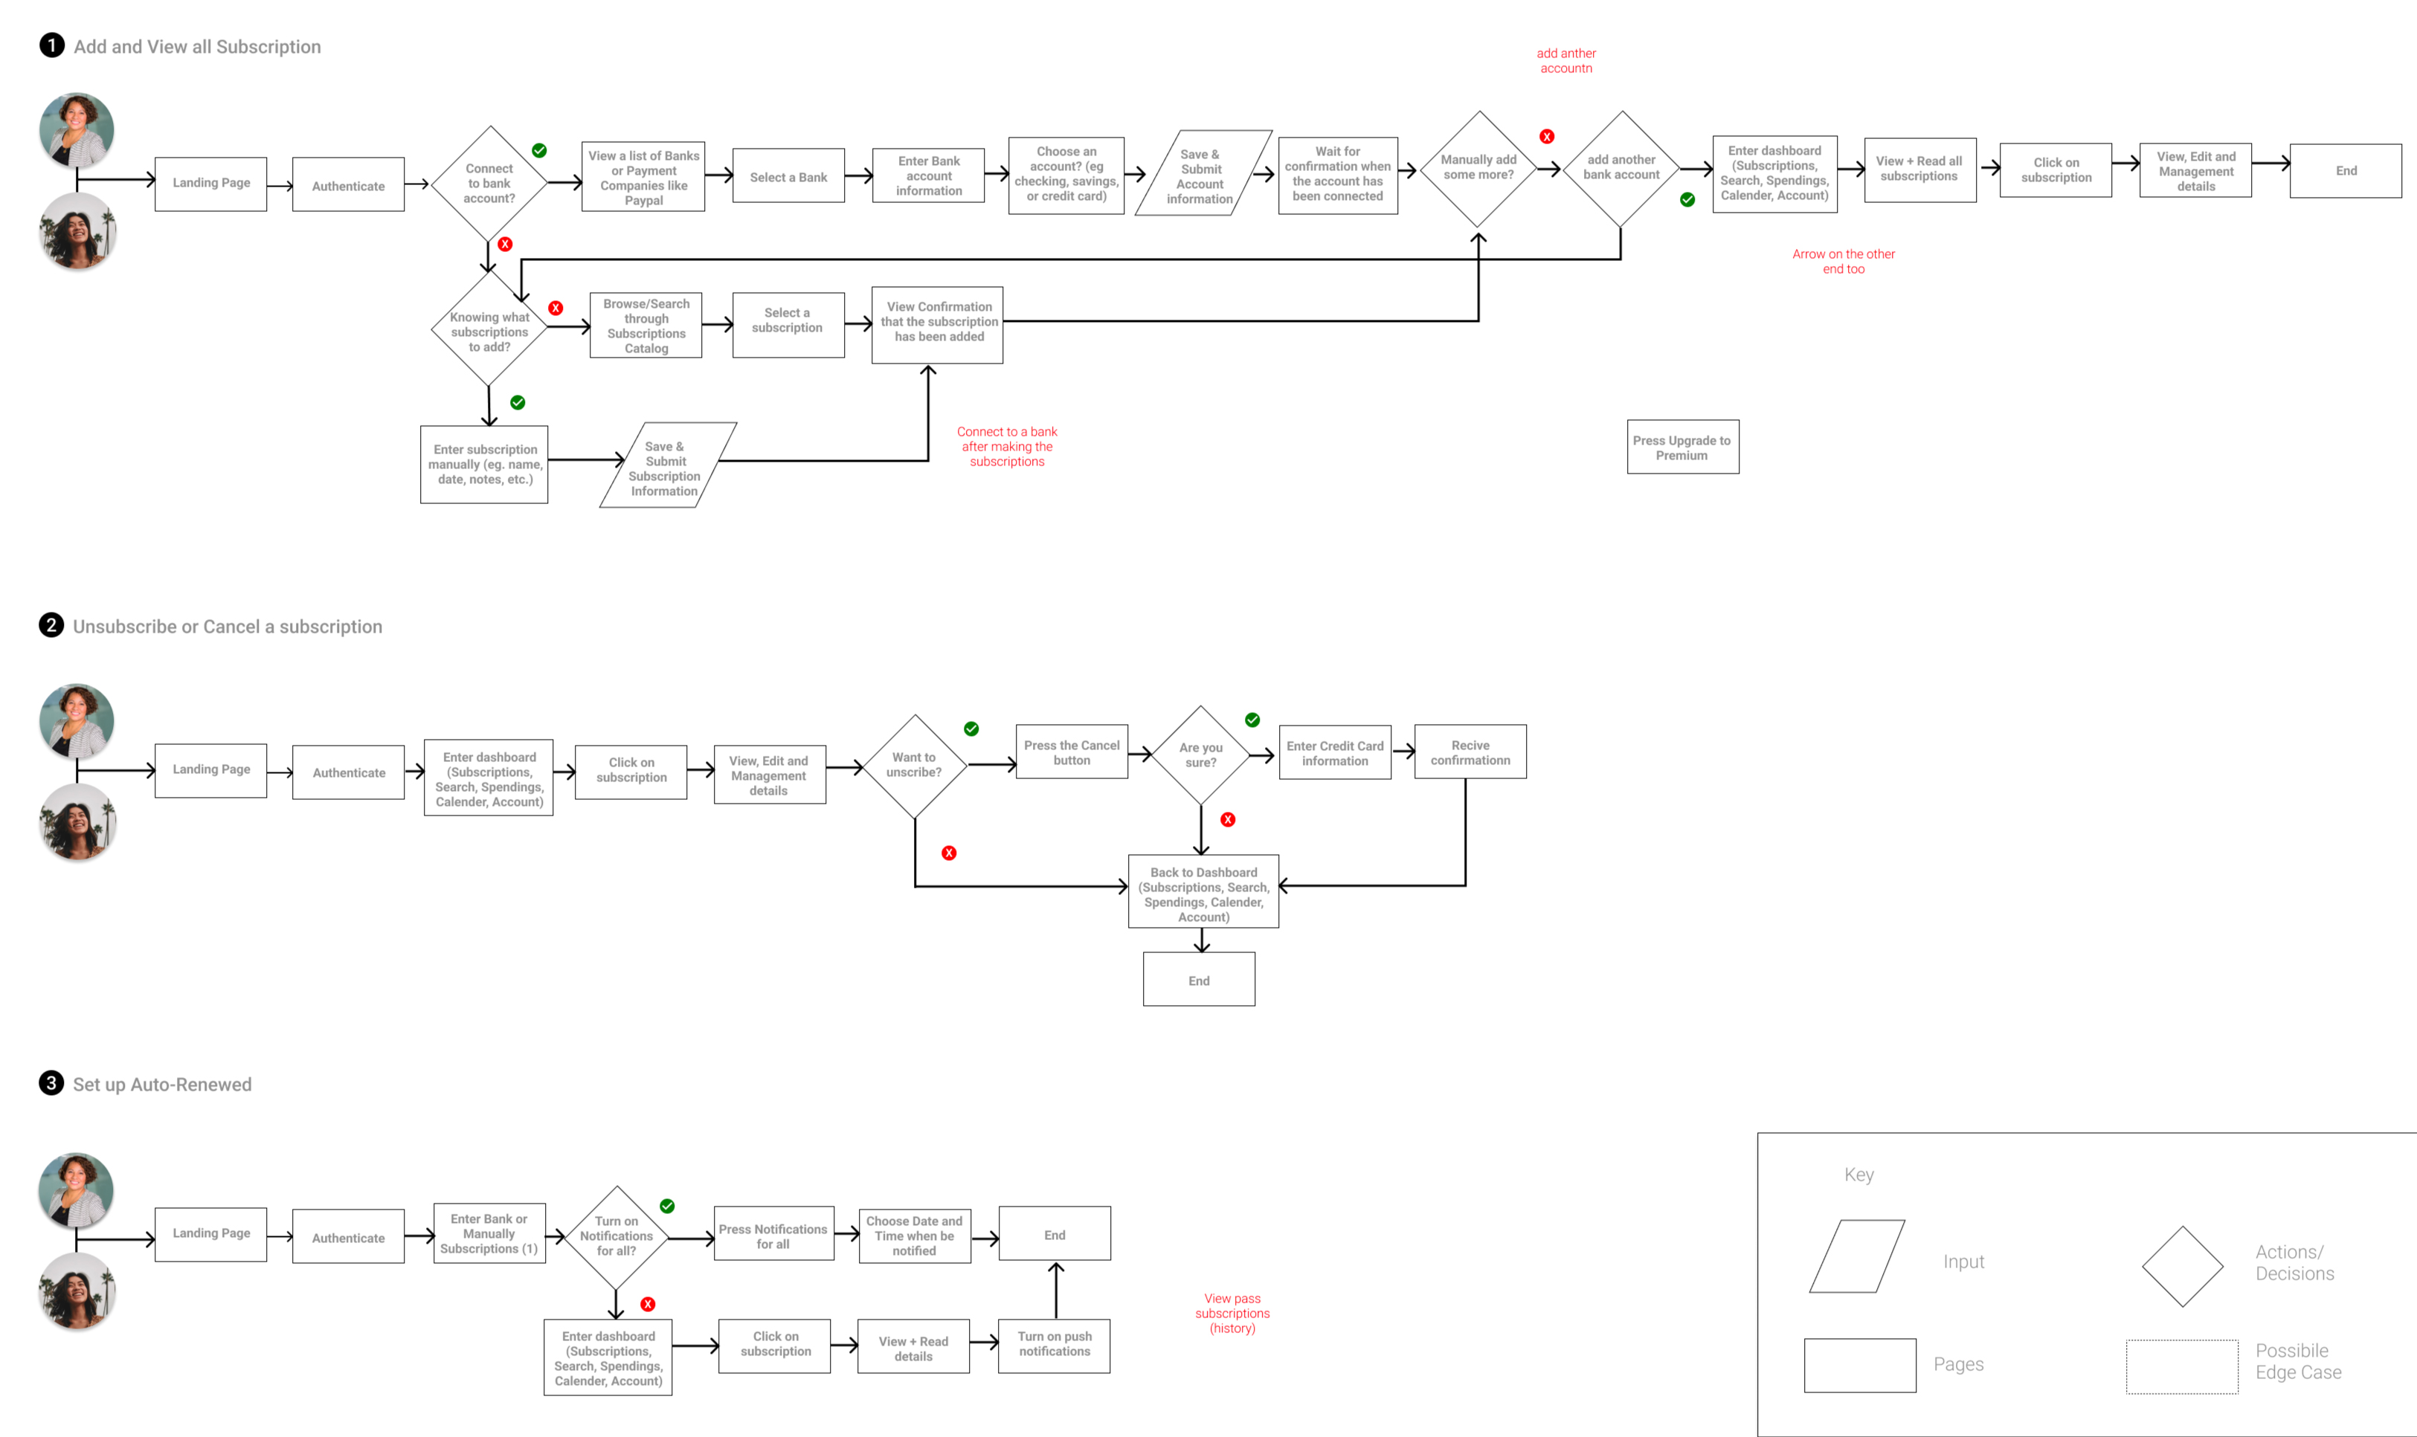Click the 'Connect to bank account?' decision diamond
coord(489,183)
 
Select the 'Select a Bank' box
coord(788,176)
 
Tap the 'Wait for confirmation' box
coord(1337,174)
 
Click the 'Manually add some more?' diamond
coord(1478,169)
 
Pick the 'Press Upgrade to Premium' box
coord(1681,448)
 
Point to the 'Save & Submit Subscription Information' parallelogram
coord(666,467)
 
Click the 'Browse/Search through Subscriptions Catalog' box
coord(646,326)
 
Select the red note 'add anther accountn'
coord(1565,61)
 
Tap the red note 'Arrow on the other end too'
coord(1843,262)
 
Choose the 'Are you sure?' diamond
coord(1200,755)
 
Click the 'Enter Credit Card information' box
coord(1334,753)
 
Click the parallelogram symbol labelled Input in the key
coord(1856,1257)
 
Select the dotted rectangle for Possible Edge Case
coord(2181,1366)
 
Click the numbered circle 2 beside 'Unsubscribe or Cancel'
coord(51,625)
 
